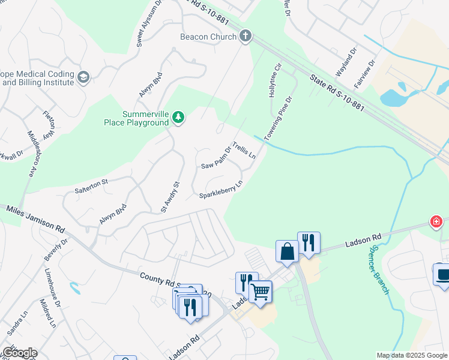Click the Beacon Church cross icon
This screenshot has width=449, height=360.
(x=245, y=37)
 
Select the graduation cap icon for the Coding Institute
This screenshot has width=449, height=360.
(x=83, y=77)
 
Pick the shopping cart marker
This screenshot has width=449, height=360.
(x=261, y=292)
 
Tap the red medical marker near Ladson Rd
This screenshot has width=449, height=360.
(x=436, y=222)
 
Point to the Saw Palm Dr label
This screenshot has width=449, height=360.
(x=216, y=158)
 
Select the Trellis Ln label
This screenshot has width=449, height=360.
(x=244, y=151)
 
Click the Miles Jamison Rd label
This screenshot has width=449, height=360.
(x=35, y=218)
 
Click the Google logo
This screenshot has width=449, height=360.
(x=19, y=353)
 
